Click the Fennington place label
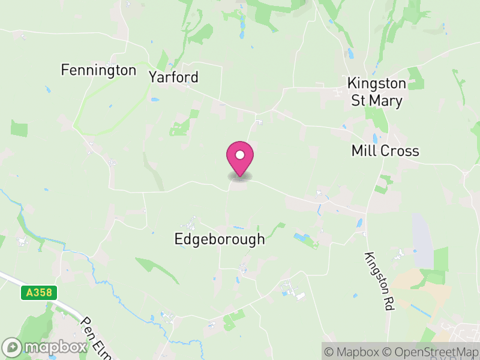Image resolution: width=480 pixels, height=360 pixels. [99, 70]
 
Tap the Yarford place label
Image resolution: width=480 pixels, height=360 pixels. [173, 77]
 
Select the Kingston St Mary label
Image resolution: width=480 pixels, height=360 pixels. [377, 92]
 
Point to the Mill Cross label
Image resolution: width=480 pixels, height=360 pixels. [385, 151]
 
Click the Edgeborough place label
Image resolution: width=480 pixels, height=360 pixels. [219, 239]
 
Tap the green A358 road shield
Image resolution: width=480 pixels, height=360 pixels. [39, 293]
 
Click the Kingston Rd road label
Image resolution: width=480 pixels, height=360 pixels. [379, 281]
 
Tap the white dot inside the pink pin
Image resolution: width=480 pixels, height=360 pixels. [240, 155]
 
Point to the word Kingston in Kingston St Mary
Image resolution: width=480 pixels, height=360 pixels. [377, 83]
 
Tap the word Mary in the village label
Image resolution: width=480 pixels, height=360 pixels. [386, 101]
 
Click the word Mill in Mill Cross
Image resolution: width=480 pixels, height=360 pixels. [363, 151]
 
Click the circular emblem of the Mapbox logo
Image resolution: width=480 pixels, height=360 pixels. [13, 347]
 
